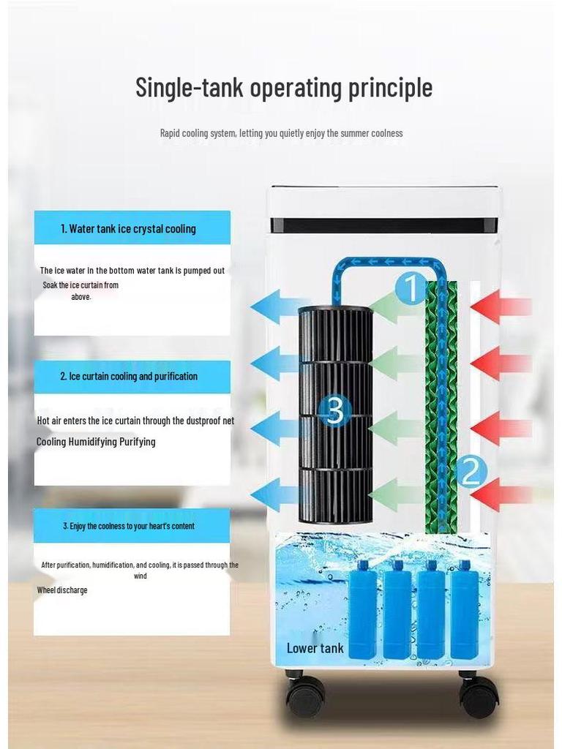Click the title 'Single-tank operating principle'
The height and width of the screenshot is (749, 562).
point(284,88)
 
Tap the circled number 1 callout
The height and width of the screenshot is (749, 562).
point(411,288)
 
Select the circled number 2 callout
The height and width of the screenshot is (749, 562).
point(471,472)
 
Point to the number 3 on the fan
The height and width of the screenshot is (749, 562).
point(335,410)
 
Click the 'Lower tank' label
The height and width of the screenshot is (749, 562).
point(315,648)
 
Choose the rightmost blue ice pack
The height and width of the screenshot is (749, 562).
point(465,609)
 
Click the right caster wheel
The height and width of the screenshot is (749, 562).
point(478,696)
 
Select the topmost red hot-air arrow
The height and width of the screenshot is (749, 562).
point(501,306)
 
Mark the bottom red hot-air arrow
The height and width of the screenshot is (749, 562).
point(501,494)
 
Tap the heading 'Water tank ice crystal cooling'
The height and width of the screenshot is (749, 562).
point(128,229)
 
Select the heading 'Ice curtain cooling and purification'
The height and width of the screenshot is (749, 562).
point(129,377)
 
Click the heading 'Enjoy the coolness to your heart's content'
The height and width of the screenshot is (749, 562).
point(129,526)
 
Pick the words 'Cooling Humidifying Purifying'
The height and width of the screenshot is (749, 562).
point(96,441)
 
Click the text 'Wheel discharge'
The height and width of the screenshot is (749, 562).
point(62,590)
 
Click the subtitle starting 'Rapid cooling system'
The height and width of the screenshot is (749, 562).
point(282,133)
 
